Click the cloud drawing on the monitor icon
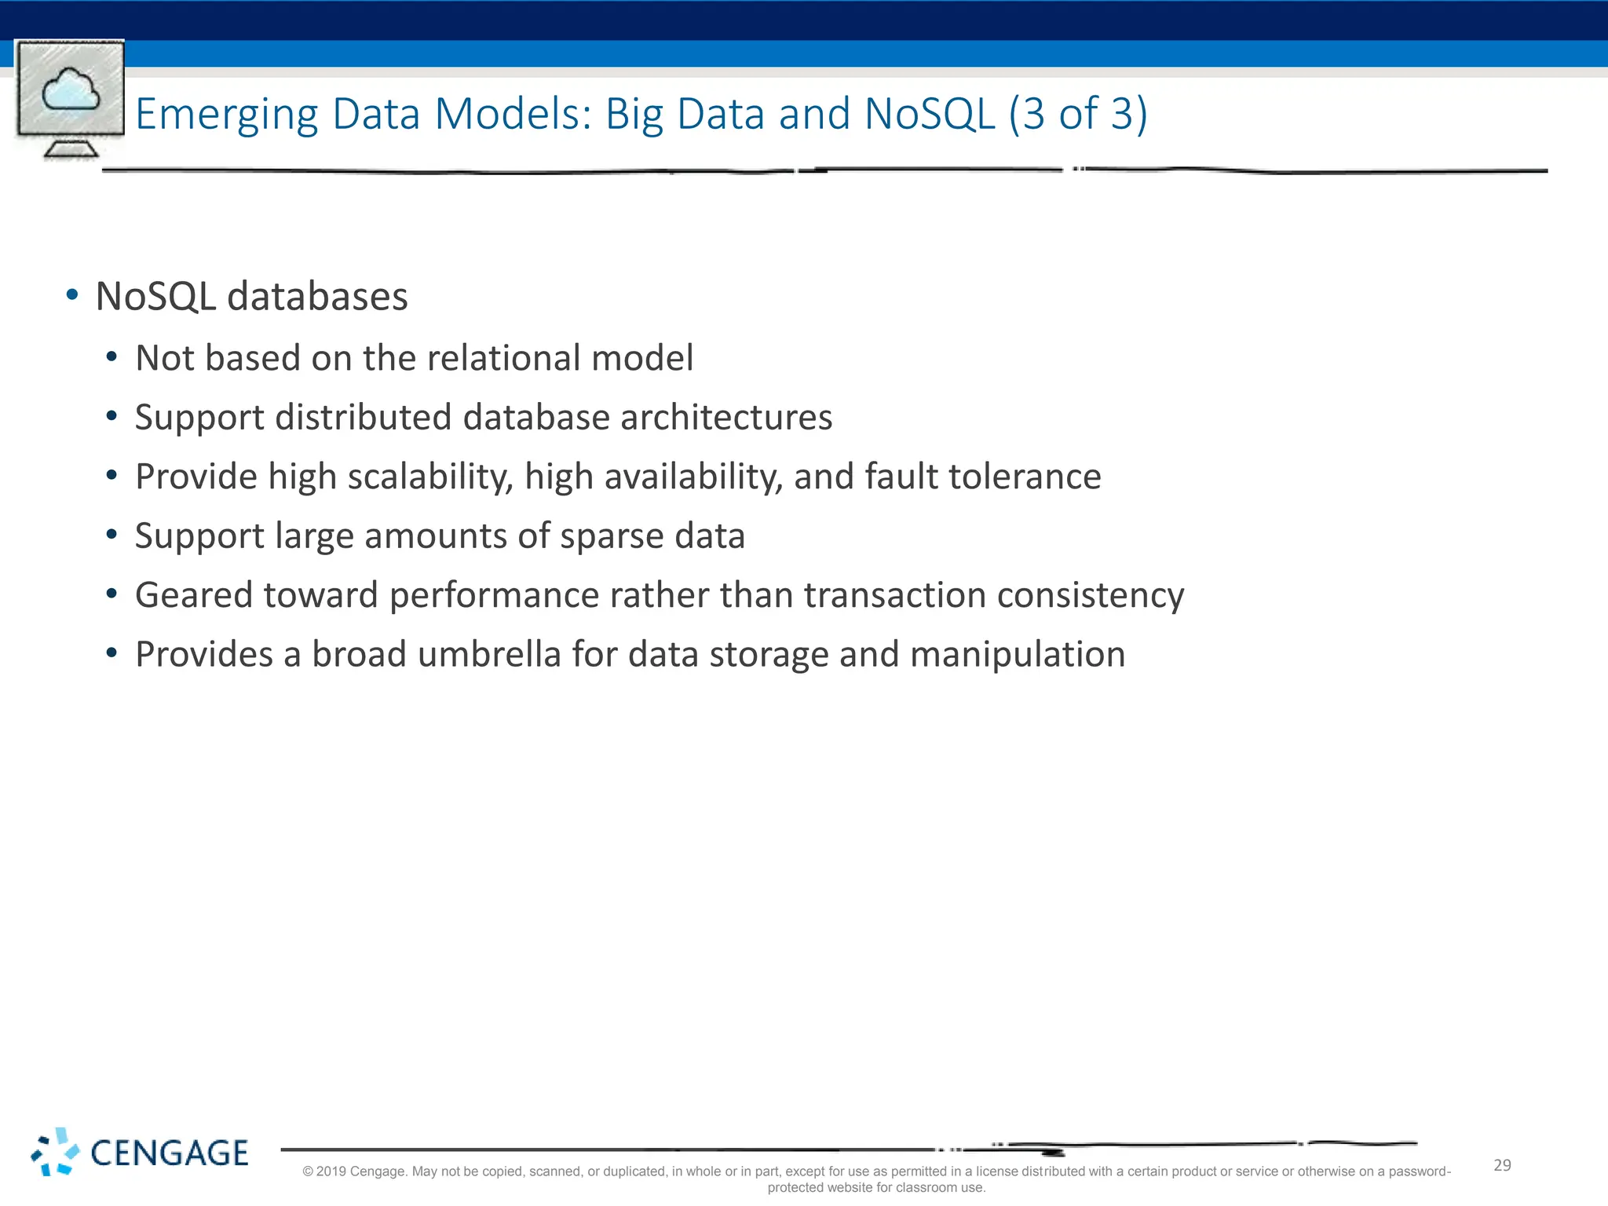tap(71, 90)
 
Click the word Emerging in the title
tap(227, 115)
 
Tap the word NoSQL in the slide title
tap(930, 114)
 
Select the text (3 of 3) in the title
tap(1078, 114)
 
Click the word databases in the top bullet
tap(317, 297)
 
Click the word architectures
tap(726, 417)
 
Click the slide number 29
tap(1502, 1165)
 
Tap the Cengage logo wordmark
tap(170, 1153)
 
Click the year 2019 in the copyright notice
tap(331, 1171)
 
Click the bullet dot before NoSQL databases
tap(72, 295)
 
